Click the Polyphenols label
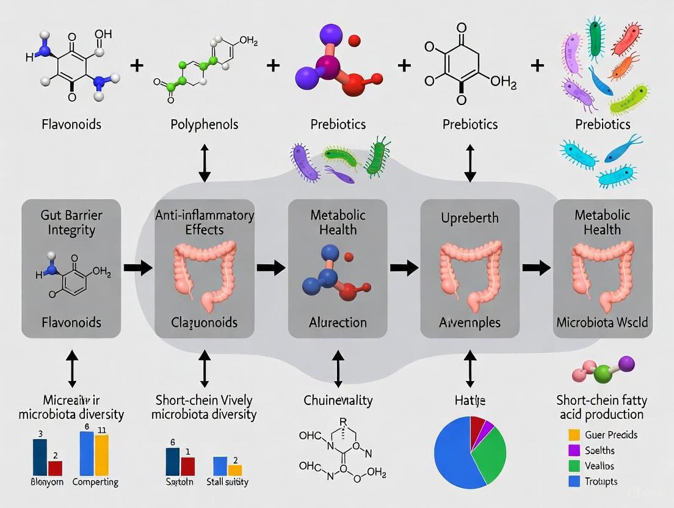204,124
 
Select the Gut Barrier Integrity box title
71,222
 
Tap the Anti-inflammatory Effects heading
205,222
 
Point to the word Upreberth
469,218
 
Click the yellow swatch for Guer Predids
573,435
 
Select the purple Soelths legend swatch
573,451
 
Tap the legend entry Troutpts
601,482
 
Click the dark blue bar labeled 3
40,457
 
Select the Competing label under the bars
95,482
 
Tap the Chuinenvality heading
338,401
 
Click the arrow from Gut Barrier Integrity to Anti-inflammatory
137,267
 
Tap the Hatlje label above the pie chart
469,401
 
